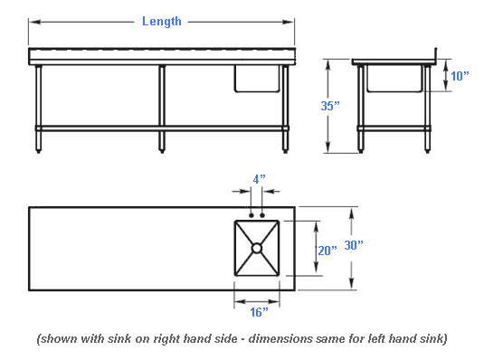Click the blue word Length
point(161,22)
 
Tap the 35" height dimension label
point(330,106)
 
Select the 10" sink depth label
point(460,76)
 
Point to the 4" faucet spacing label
point(259,179)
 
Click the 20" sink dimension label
point(327,251)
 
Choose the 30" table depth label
point(354,245)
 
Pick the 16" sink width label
point(259,312)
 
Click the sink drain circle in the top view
point(257,248)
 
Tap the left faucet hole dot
point(251,215)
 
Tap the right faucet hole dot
point(262,215)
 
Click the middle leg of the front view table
point(162,109)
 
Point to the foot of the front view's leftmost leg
point(38,151)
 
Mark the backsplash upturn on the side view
point(435,55)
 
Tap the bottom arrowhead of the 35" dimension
point(327,147)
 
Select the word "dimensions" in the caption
point(280,338)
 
